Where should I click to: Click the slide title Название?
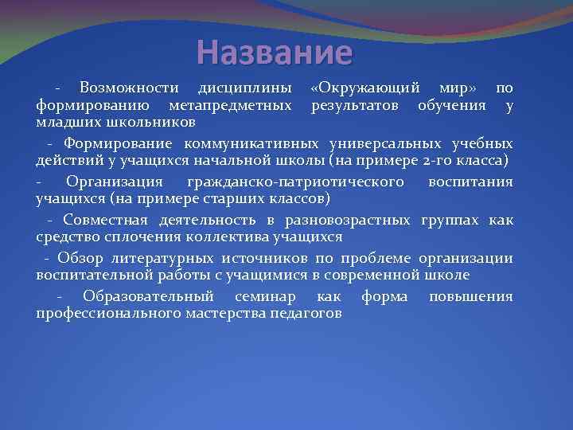point(275,53)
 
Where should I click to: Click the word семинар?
point(266,296)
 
